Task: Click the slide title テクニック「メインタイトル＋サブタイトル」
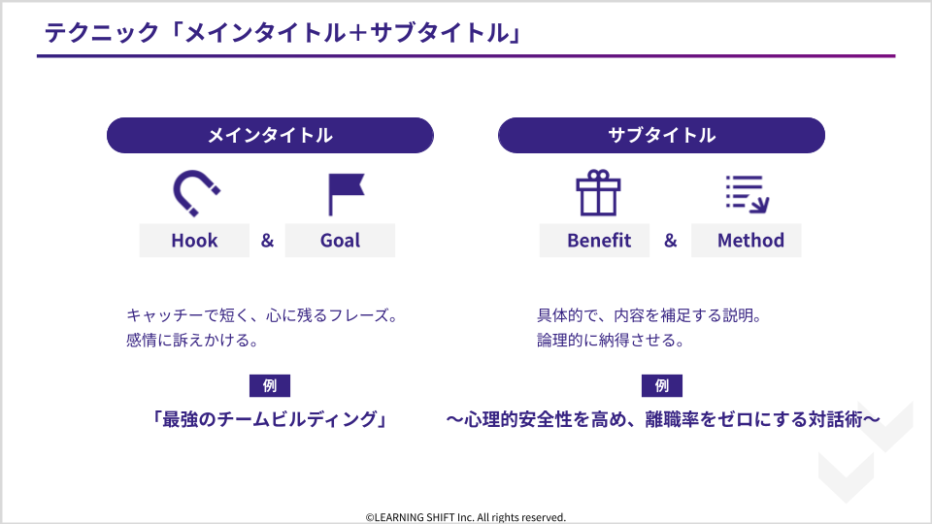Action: click(x=283, y=33)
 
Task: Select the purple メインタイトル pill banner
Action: click(x=270, y=136)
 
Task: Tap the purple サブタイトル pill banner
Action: click(x=661, y=136)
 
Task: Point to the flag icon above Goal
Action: click(x=346, y=194)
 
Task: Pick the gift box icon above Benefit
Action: click(x=598, y=193)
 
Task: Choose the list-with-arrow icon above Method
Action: click(x=748, y=194)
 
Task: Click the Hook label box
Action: click(x=194, y=241)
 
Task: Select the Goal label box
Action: click(x=340, y=241)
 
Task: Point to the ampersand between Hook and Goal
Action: click(x=268, y=241)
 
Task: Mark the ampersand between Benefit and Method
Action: click(x=671, y=241)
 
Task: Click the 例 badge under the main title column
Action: click(x=270, y=385)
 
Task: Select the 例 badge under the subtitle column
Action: click(x=661, y=385)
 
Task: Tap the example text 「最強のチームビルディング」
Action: click(x=270, y=419)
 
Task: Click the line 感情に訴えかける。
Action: click(x=192, y=341)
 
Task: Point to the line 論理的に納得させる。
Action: click(x=611, y=341)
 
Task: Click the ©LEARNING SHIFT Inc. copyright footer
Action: click(x=465, y=517)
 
